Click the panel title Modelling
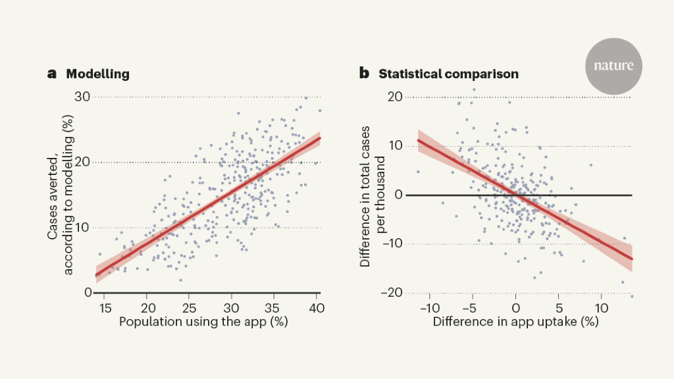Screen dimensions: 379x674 (x=97, y=74)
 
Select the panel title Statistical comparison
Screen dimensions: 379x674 (x=448, y=74)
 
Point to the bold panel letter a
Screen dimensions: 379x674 (x=52, y=74)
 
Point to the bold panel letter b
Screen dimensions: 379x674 (x=364, y=74)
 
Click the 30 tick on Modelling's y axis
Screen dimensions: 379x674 (x=82, y=97)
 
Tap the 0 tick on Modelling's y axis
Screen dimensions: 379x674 (x=88, y=292)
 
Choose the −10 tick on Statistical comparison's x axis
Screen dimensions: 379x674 (x=429, y=307)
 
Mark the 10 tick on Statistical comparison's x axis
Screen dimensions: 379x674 (x=602, y=307)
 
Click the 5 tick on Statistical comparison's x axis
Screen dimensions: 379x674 (x=559, y=307)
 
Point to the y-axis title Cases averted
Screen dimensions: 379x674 (x=59, y=195)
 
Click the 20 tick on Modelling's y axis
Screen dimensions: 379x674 (x=82, y=162)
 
